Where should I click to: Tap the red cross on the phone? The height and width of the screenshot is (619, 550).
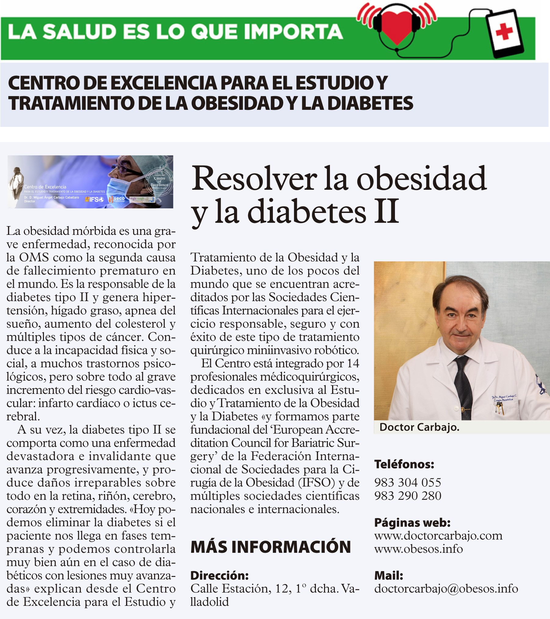pos(504,32)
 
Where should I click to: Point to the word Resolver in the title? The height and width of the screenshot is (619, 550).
pos(255,179)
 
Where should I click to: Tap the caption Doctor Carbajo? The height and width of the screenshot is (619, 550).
pos(419,427)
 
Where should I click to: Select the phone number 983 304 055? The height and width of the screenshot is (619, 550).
pos(408,482)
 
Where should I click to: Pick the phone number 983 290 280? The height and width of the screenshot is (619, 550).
pos(408,496)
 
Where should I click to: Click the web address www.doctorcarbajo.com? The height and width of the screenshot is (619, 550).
pos(438,536)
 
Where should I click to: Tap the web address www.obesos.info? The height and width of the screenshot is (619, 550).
pos(418,549)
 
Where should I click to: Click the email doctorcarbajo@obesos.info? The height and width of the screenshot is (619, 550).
pos(446,588)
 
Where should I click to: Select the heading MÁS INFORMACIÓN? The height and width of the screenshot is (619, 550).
pos(271,547)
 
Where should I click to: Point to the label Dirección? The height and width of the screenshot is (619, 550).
pos(219,575)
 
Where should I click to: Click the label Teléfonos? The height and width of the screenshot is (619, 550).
pos(404,464)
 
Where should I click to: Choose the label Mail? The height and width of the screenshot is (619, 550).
pos(389,575)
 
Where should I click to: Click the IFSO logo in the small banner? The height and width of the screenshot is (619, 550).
pos(95,200)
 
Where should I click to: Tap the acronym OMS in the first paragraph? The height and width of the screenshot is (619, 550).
pos(34,257)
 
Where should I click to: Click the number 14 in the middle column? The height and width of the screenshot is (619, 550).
pos(353,363)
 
